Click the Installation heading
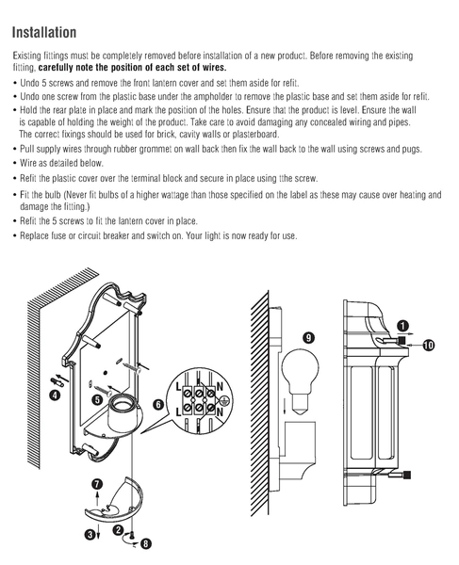tap(44, 32)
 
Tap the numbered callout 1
tap(402, 326)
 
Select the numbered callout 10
tap(428, 346)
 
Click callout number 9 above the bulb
tap(308, 338)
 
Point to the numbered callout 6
tap(159, 405)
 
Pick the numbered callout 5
tap(97, 399)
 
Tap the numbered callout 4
tap(55, 395)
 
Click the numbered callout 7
tap(97, 485)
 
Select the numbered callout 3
tap(90, 534)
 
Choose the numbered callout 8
tap(145, 543)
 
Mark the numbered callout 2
tap(118, 530)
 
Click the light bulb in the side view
tap(300, 381)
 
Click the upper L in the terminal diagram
tap(178, 387)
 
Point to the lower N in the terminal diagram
tap(220, 412)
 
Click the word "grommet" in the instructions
tap(156, 149)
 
